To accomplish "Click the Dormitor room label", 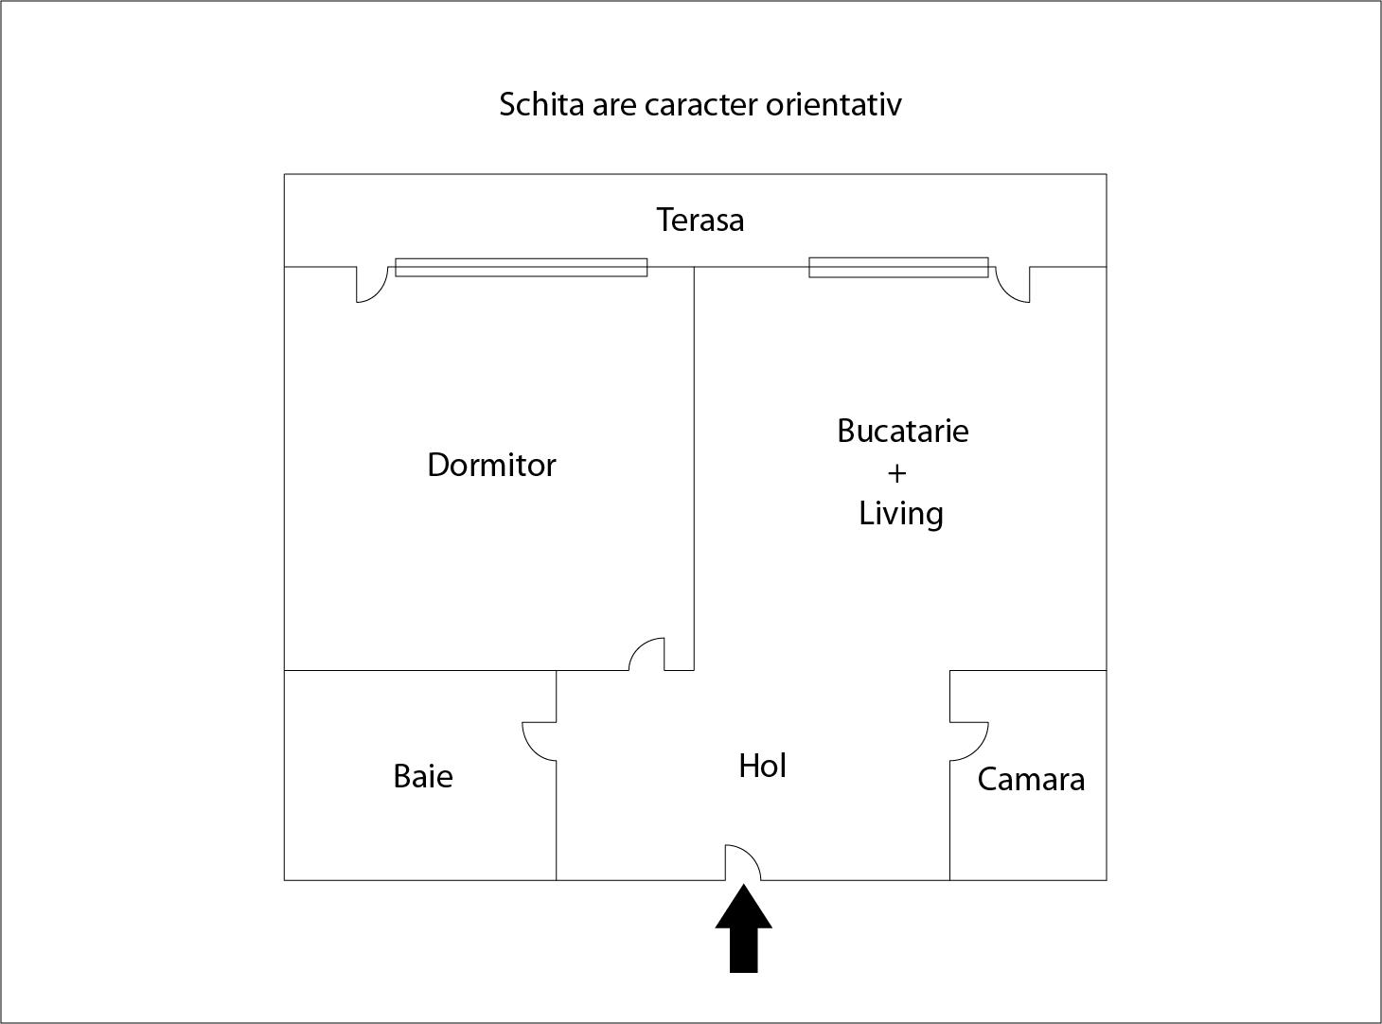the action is tap(491, 465).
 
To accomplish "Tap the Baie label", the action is tap(423, 777).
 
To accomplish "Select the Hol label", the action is tap(762, 766).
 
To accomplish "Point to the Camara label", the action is tap(1031, 780).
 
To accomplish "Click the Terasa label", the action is tap(700, 220).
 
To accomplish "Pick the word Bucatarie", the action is tap(903, 431).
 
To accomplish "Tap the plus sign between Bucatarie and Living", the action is tap(896, 474).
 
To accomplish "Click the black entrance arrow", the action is tap(743, 928).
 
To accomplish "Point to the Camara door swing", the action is tap(982, 748).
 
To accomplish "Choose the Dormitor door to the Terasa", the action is tap(379, 292).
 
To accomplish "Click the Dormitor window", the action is tap(522, 268).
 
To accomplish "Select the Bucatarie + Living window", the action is tap(898, 268).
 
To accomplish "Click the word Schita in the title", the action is tap(541, 104).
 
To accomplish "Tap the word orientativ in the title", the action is tap(834, 104).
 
